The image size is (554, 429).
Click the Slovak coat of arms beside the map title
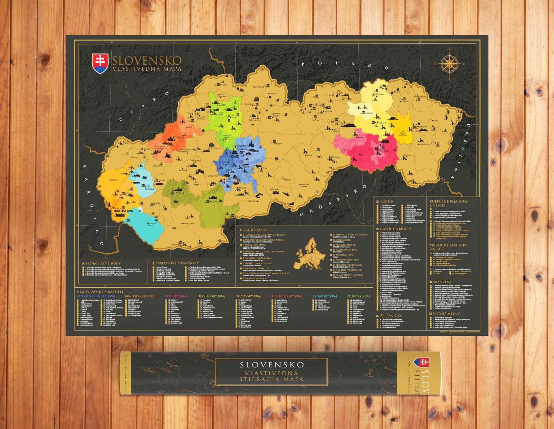coord(100,63)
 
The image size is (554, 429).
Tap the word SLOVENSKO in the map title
coord(147,61)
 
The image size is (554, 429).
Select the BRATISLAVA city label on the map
coord(123,211)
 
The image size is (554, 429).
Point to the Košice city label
coord(384,151)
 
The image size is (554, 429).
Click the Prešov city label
coord(381,123)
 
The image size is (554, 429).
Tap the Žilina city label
coord(222,105)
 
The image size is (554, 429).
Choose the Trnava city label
coord(149,189)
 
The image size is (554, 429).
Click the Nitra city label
coord(181,192)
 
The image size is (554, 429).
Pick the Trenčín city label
coord(179,137)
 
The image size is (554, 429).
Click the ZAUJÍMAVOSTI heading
coord(257,230)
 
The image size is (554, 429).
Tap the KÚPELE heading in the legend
coord(386,201)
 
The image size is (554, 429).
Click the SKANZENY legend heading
coord(442,282)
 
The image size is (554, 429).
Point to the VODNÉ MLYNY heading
coord(446,314)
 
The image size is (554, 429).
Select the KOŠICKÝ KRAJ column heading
coord(176,296)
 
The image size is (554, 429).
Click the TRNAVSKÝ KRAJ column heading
coord(325,296)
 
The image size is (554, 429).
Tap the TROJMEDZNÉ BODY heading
coord(103,263)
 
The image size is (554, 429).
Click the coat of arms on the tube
coord(421,364)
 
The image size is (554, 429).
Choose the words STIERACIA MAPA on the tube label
coord(272,379)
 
